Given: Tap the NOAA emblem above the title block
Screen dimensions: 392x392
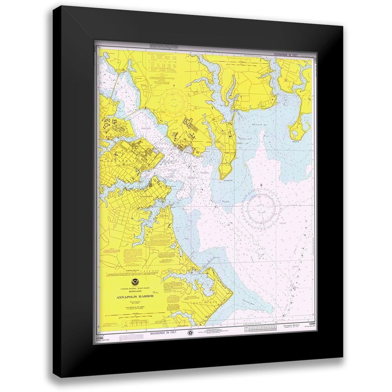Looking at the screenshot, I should pos(131,281).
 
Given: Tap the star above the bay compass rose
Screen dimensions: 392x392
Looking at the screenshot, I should pos(262,184).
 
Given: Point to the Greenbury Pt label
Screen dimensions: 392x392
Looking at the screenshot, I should pos(229,181).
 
